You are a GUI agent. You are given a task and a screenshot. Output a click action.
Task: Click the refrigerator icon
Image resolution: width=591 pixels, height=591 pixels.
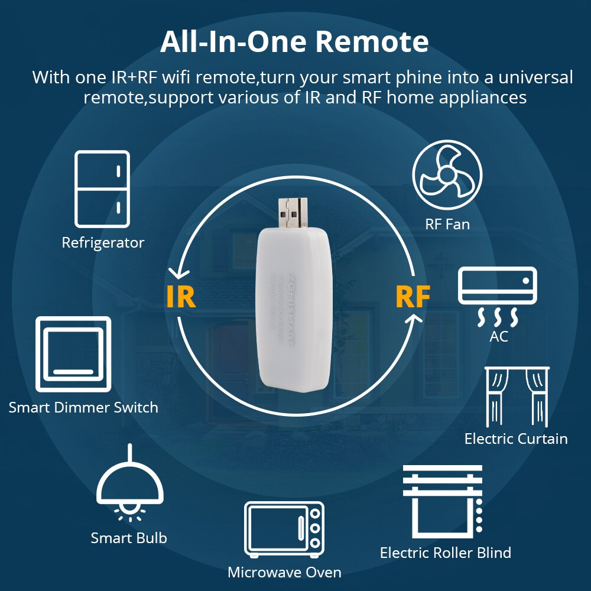(x=102, y=189)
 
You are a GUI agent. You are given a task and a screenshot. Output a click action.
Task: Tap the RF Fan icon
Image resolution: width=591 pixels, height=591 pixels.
(x=447, y=174)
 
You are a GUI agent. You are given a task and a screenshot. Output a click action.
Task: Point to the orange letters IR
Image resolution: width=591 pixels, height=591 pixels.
(x=181, y=297)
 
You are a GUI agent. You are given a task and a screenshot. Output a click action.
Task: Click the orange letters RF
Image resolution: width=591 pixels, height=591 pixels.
(x=413, y=297)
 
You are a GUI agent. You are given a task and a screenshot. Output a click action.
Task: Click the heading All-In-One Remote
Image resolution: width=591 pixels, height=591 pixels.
(x=294, y=43)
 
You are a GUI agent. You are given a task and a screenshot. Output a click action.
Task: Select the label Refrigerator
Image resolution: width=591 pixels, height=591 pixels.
(x=103, y=242)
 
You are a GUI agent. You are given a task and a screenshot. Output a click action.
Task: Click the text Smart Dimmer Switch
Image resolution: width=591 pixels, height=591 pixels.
(x=83, y=407)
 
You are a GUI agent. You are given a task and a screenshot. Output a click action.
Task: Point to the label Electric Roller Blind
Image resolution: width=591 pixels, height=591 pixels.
(x=445, y=553)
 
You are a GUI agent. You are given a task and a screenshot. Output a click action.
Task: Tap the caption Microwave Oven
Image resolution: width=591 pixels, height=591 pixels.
(x=284, y=572)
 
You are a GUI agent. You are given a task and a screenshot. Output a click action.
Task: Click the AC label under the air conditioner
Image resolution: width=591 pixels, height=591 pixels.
(x=498, y=336)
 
